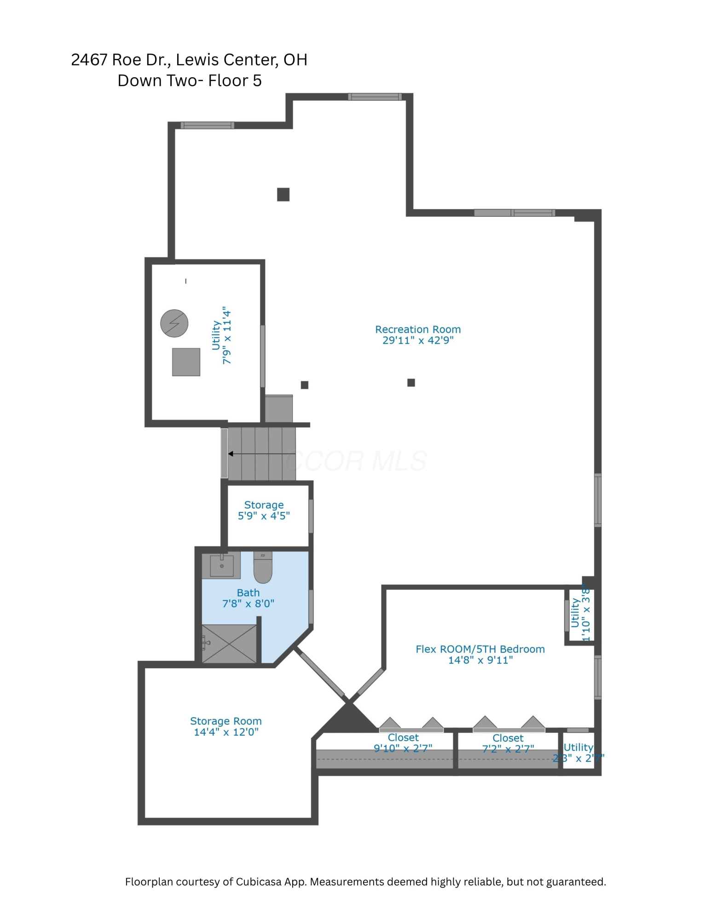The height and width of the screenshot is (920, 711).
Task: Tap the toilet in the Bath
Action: point(263,569)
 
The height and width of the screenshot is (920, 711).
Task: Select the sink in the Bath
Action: point(221,565)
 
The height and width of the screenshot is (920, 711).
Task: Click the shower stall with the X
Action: point(229,644)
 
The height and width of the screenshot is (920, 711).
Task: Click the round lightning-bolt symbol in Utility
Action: point(174,323)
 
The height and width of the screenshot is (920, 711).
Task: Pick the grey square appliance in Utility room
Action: point(186,362)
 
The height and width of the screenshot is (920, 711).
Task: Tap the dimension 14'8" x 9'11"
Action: point(480,660)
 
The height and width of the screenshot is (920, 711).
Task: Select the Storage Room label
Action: point(225,721)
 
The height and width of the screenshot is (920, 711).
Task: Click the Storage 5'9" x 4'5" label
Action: point(264,510)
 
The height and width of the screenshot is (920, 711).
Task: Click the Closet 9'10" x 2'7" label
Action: point(403,742)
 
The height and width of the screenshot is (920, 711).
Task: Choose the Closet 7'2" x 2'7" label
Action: point(508,743)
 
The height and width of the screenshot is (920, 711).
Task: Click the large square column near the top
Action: point(283,195)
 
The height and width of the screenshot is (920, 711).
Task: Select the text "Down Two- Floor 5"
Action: point(189,80)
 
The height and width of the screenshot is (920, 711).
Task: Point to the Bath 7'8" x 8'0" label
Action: point(248,598)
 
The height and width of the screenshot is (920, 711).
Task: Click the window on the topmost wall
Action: point(375,97)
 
